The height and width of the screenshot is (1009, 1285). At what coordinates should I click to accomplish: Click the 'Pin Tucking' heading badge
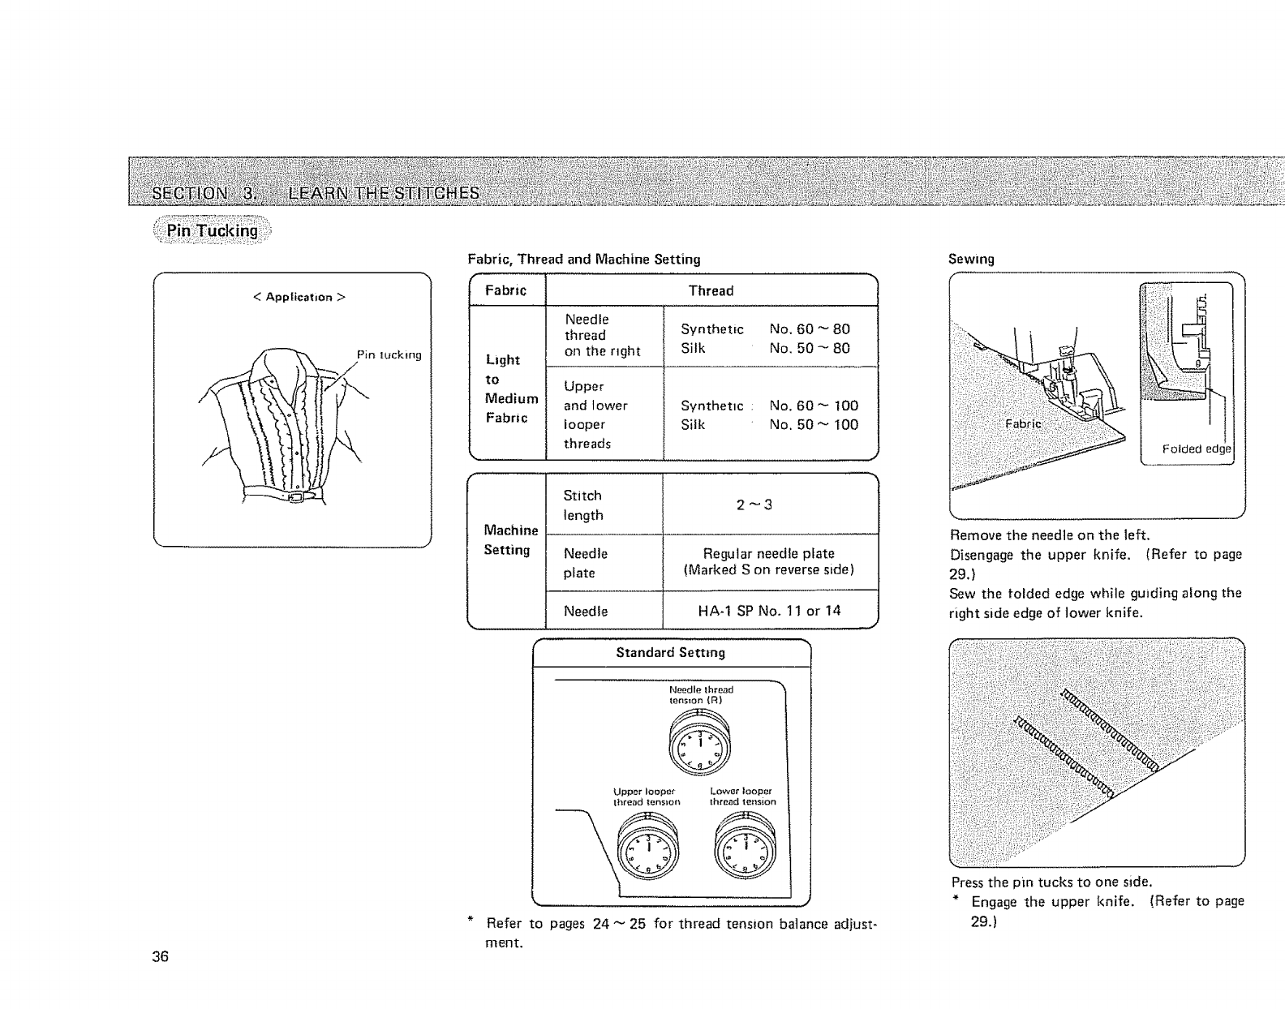click(x=212, y=230)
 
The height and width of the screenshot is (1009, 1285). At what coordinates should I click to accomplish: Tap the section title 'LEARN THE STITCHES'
click(x=384, y=193)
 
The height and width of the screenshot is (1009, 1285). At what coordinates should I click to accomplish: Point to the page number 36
click(x=160, y=956)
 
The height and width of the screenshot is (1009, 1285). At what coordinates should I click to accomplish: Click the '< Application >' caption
click(x=299, y=297)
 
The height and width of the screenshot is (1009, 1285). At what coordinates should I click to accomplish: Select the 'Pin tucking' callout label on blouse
click(x=389, y=354)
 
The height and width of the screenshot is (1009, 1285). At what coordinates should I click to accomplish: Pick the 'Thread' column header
click(x=711, y=290)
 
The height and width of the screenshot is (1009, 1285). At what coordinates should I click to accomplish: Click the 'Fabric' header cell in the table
click(x=505, y=290)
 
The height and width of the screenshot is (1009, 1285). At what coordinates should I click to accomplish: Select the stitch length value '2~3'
click(x=754, y=504)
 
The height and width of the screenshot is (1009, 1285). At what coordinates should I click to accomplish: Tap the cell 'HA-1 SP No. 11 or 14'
click(x=769, y=611)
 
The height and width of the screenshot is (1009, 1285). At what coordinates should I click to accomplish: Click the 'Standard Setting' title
click(x=670, y=652)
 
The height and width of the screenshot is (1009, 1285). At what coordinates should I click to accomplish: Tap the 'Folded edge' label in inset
click(x=1196, y=449)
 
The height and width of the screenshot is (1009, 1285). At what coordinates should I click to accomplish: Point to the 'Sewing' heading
click(x=971, y=259)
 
